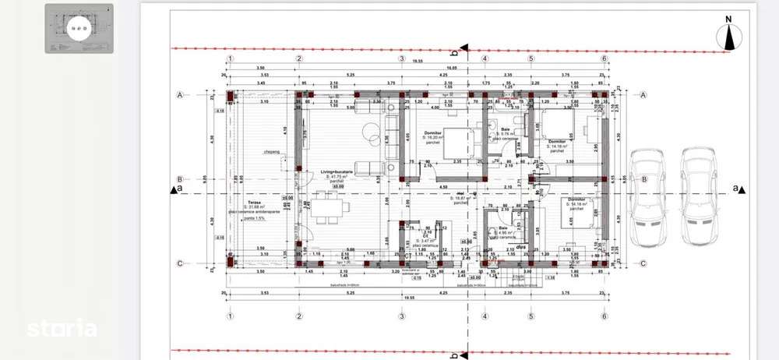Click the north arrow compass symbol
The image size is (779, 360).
pyautogui.click(x=730, y=36)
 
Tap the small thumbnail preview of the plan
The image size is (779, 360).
pyautogui.click(x=79, y=29)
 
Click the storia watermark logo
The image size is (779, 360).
pyautogui.click(x=62, y=329)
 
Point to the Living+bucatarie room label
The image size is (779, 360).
pyautogui.click(x=338, y=172)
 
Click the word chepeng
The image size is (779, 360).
pyautogui.click(x=271, y=152)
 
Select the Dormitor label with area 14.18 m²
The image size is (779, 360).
pyautogui.click(x=558, y=141)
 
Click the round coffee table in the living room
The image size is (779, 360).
pyautogui.click(x=368, y=133)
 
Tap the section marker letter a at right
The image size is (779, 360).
pyautogui.click(x=735, y=189)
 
